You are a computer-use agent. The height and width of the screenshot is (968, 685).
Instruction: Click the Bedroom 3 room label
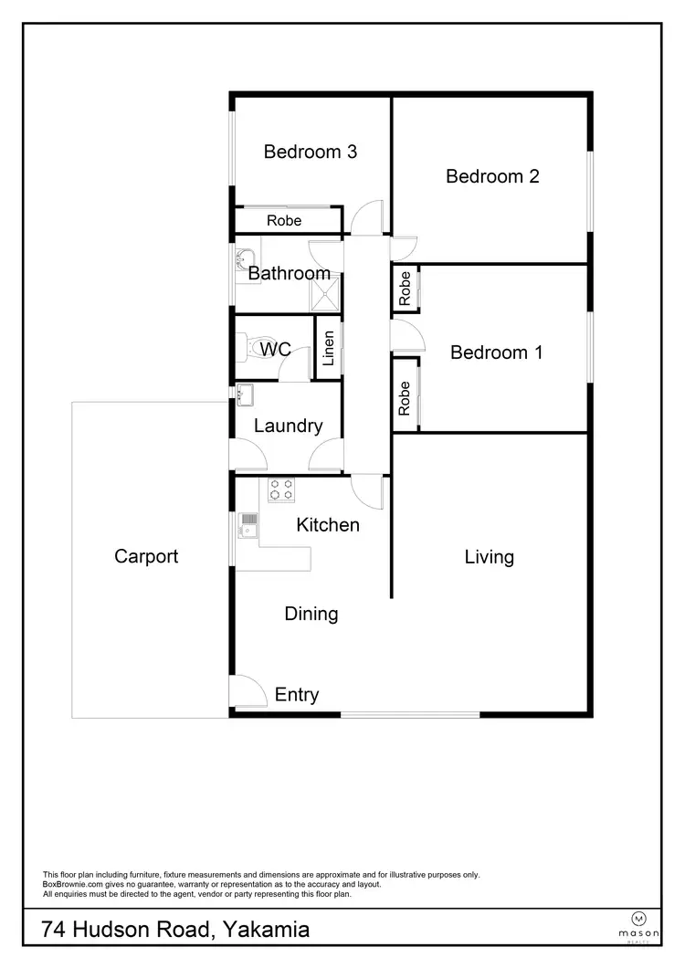(x=310, y=152)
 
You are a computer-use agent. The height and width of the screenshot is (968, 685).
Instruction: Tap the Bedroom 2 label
(x=492, y=176)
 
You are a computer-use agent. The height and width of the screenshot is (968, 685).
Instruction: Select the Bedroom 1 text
(x=496, y=352)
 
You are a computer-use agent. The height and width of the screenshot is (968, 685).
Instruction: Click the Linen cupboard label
(x=329, y=347)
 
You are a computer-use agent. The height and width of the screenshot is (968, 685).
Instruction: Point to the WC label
(x=275, y=350)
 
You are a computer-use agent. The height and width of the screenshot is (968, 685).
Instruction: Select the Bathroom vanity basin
(x=244, y=258)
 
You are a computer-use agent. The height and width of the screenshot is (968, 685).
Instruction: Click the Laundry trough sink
(x=245, y=395)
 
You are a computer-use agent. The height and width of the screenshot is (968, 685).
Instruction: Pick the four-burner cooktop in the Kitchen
(x=280, y=489)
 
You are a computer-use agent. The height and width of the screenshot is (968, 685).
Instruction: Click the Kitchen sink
(x=248, y=523)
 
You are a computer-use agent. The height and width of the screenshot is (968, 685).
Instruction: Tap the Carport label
(x=146, y=556)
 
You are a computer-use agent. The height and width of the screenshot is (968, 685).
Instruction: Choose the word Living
(x=489, y=557)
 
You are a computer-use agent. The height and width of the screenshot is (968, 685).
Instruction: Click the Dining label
(x=311, y=614)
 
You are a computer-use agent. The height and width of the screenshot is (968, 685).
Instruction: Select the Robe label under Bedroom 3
(x=284, y=221)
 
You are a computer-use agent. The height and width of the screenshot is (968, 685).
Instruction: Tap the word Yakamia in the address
(x=266, y=931)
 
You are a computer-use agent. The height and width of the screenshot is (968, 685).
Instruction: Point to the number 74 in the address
(x=55, y=931)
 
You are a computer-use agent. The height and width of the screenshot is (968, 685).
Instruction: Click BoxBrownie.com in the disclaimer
(x=72, y=884)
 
